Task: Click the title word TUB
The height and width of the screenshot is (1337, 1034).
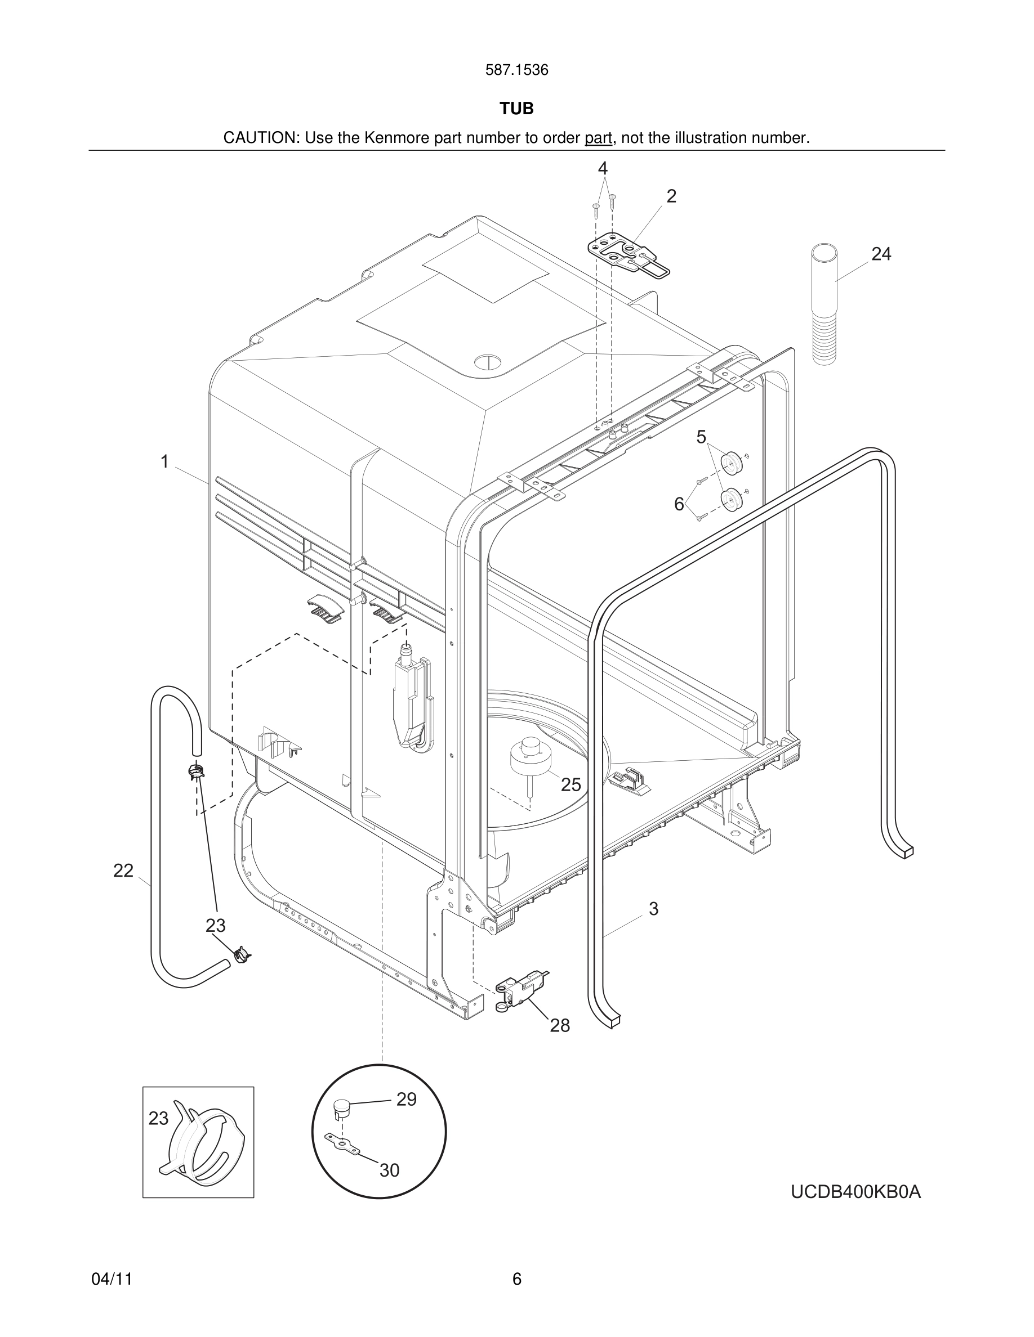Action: (516, 109)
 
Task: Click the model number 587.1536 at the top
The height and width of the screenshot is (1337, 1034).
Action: (516, 70)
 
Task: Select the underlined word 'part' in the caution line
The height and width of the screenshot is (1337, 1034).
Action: (598, 138)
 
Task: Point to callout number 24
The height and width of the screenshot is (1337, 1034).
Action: (880, 253)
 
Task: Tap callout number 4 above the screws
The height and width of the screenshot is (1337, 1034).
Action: (603, 168)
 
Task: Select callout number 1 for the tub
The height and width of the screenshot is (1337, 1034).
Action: (164, 461)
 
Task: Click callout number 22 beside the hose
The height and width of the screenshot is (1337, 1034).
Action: (123, 871)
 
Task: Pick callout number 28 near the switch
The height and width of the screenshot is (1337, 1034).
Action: (559, 1025)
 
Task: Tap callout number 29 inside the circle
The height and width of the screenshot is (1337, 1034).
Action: (406, 1100)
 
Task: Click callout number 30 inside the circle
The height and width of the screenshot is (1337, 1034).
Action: (389, 1170)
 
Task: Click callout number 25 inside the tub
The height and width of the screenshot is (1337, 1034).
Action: (571, 784)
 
